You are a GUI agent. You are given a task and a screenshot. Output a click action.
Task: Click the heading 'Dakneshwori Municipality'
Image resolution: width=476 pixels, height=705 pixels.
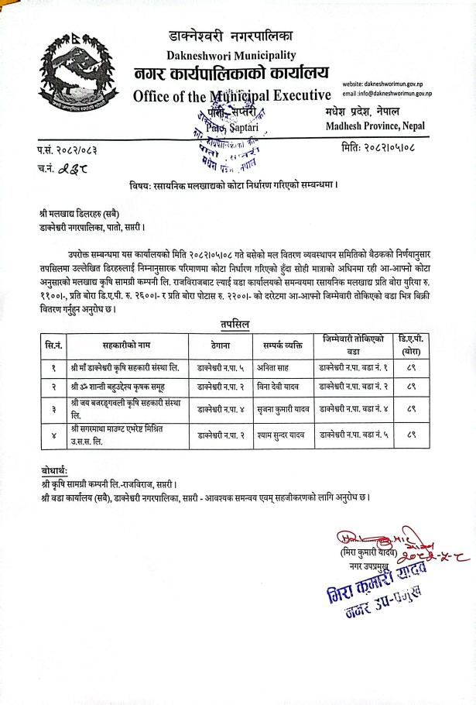pyautogui.click(x=231, y=55)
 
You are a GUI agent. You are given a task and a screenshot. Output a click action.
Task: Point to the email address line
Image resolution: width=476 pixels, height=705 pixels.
pyautogui.click(x=397, y=93)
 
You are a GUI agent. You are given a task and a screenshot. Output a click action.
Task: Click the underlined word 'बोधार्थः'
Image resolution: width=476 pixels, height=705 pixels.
pyautogui.click(x=55, y=471)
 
